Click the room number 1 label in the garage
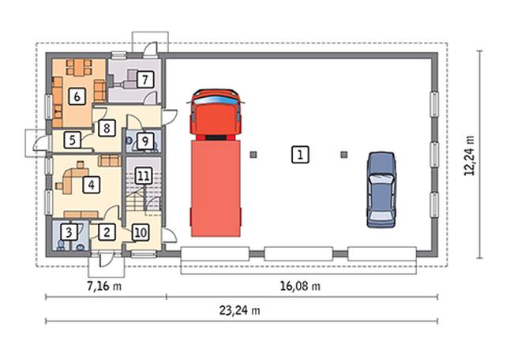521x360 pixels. [300, 155]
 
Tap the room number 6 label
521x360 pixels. [77, 97]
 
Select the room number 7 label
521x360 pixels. [145, 80]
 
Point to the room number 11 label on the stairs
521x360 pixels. [144, 176]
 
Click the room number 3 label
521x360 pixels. [69, 232]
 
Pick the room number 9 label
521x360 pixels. [145, 141]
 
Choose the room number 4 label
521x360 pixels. [91, 185]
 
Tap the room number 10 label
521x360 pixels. [141, 232]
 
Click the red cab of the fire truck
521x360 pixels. [216, 113]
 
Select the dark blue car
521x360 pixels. [381, 189]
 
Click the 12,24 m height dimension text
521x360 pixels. [470, 156]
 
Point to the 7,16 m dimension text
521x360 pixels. [104, 286]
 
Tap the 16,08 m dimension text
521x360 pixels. [300, 286]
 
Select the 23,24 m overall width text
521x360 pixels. [239, 310]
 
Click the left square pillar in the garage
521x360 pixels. [253, 155]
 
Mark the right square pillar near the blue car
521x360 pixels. [344, 155]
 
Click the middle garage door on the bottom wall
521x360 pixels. [298, 253]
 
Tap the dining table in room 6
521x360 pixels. [79, 67]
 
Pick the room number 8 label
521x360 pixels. [107, 128]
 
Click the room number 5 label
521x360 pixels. [72, 140]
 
